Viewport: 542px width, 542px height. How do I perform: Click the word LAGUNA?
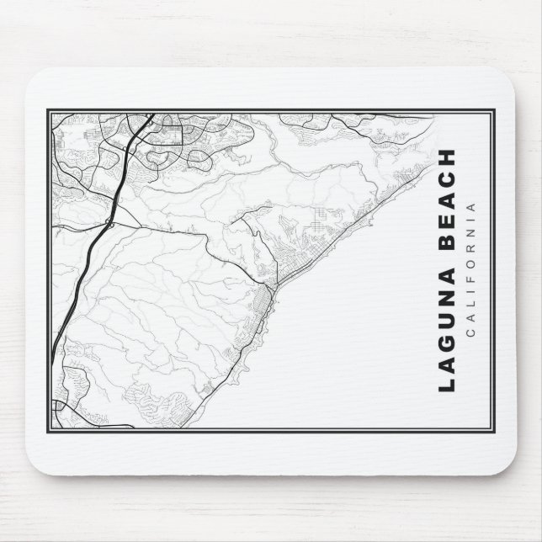click(447, 331)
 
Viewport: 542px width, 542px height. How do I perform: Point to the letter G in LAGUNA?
click(447, 340)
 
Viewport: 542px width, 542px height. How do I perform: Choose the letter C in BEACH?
click(447, 183)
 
